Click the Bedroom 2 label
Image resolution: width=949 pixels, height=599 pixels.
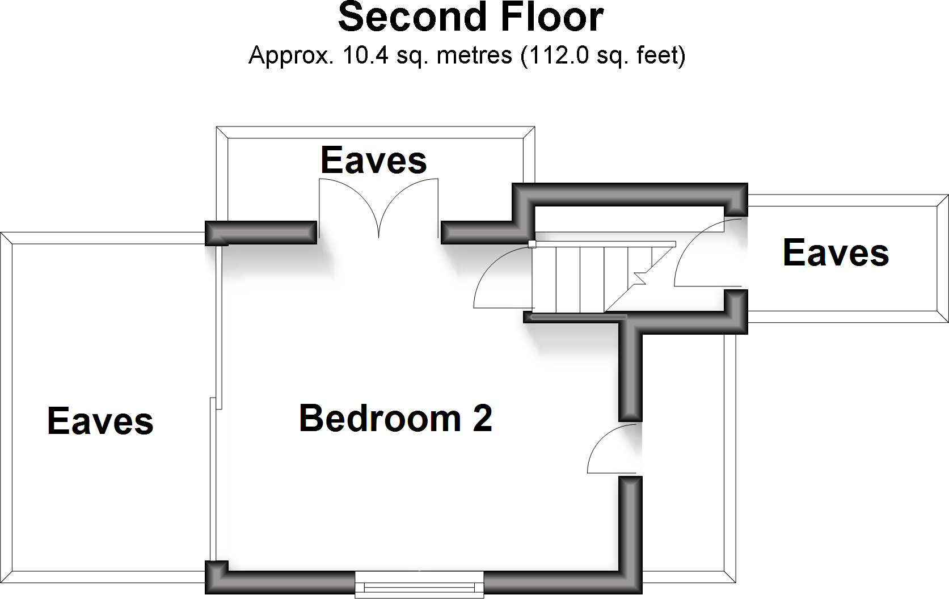click(x=395, y=419)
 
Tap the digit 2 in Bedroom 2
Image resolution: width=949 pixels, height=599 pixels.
click(x=482, y=419)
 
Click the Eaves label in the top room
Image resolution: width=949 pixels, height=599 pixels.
click(x=373, y=161)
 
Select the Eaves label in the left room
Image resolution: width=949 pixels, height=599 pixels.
click(x=100, y=421)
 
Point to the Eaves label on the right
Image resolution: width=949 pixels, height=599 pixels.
click(x=836, y=253)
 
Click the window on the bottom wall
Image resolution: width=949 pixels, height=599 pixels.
click(x=419, y=584)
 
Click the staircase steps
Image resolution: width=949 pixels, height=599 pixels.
click(x=590, y=278)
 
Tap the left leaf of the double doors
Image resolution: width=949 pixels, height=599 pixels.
click(x=346, y=204)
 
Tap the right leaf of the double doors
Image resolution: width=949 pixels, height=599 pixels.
click(x=411, y=204)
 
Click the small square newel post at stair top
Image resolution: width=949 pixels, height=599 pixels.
click(x=532, y=244)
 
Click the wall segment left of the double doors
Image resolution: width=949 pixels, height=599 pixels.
click(x=261, y=233)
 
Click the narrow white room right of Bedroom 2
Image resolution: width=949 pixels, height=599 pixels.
click(x=683, y=454)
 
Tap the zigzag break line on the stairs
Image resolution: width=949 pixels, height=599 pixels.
click(x=640, y=278)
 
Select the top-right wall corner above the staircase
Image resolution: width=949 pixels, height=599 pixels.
click(x=735, y=195)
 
